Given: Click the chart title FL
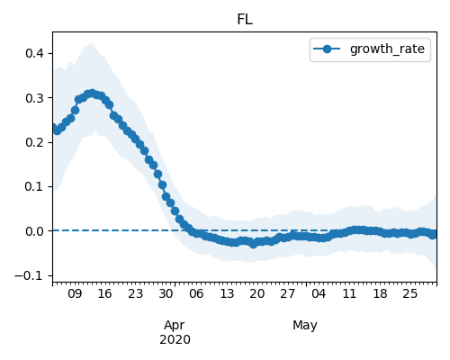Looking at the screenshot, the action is [x=245, y=20].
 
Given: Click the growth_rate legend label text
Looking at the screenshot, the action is [x=387, y=49].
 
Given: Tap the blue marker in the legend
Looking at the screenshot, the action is [x=327, y=49].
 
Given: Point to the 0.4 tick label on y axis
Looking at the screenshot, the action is [x=35, y=53].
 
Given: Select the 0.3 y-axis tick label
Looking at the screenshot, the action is [x=35, y=98].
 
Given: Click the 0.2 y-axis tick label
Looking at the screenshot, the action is [x=35, y=142].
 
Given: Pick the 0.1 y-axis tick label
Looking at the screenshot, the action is [x=35, y=186].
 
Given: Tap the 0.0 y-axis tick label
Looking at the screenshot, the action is [x=35, y=231].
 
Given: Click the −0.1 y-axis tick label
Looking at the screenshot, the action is [x=30, y=275].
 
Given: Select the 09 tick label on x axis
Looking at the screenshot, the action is [x=75, y=293].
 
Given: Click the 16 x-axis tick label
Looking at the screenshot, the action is [x=105, y=293].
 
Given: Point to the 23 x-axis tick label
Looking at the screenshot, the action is [x=136, y=293].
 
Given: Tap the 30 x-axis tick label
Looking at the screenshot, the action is [x=166, y=293].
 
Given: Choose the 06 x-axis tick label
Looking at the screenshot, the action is [x=196, y=293].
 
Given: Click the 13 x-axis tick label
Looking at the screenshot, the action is [x=227, y=293].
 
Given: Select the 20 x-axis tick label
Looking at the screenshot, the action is [x=257, y=293].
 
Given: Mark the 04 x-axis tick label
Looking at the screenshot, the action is [x=319, y=293].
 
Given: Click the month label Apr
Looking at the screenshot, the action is [x=175, y=326].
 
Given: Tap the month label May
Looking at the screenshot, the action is [x=305, y=326].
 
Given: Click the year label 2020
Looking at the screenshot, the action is [x=175, y=340].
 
